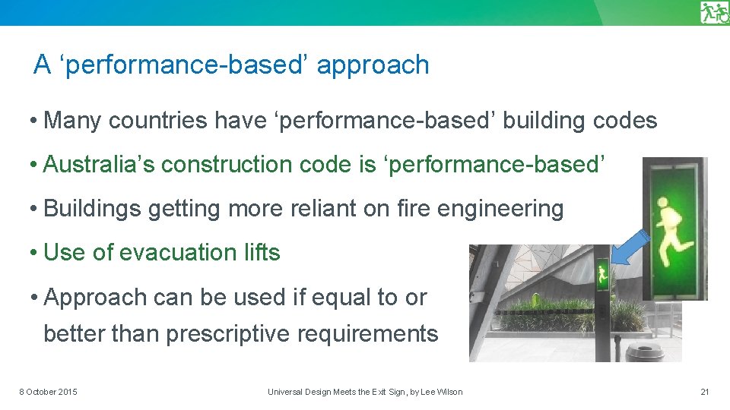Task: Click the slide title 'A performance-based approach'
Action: pos(231,65)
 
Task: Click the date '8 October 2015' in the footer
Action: pos(48,392)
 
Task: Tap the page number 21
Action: pos(704,392)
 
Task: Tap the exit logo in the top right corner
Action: pos(714,13)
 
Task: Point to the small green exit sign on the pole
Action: pos(601,276)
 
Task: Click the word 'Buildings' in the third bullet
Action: pos(93,208)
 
